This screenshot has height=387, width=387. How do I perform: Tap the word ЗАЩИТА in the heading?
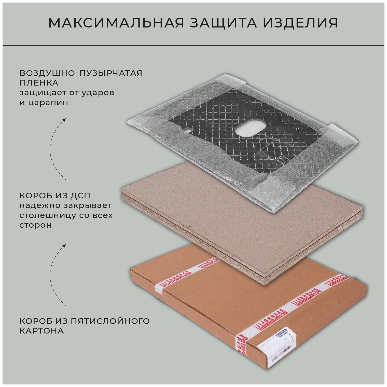coord(224,23)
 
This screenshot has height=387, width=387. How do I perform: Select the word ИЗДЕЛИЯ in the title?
coord(300,23)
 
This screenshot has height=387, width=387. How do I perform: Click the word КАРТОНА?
coord(42,331)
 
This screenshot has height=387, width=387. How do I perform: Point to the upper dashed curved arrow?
coord(57,149)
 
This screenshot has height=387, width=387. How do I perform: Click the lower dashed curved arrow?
coord(57,275)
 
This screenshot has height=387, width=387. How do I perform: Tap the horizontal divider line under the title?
coord(193,45)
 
